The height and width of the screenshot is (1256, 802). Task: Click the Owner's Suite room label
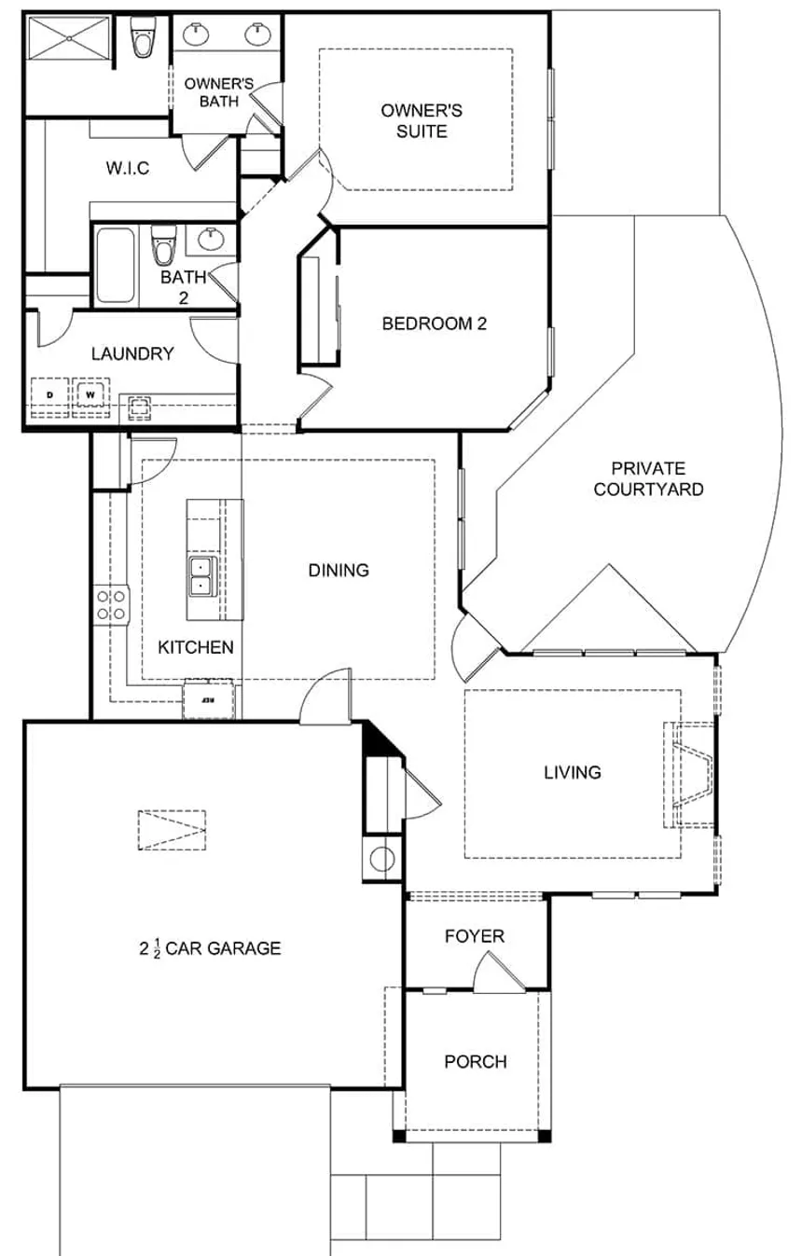(422, 121)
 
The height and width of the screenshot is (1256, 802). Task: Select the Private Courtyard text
(648, 478)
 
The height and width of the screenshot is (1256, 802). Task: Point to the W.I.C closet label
(128, 169)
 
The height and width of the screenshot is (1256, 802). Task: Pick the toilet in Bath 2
(164, 246)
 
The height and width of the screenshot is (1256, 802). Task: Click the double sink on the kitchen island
(200, 576)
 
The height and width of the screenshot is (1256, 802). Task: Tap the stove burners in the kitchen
(111, 604)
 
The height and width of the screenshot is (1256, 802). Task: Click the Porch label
(476, 1061)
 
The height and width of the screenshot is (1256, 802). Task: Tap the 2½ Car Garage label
(211, 948)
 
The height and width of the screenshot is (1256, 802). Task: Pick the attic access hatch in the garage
(173, 828)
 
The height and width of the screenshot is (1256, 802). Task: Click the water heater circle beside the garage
(382, 858)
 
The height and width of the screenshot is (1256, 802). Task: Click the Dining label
(339, 570)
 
